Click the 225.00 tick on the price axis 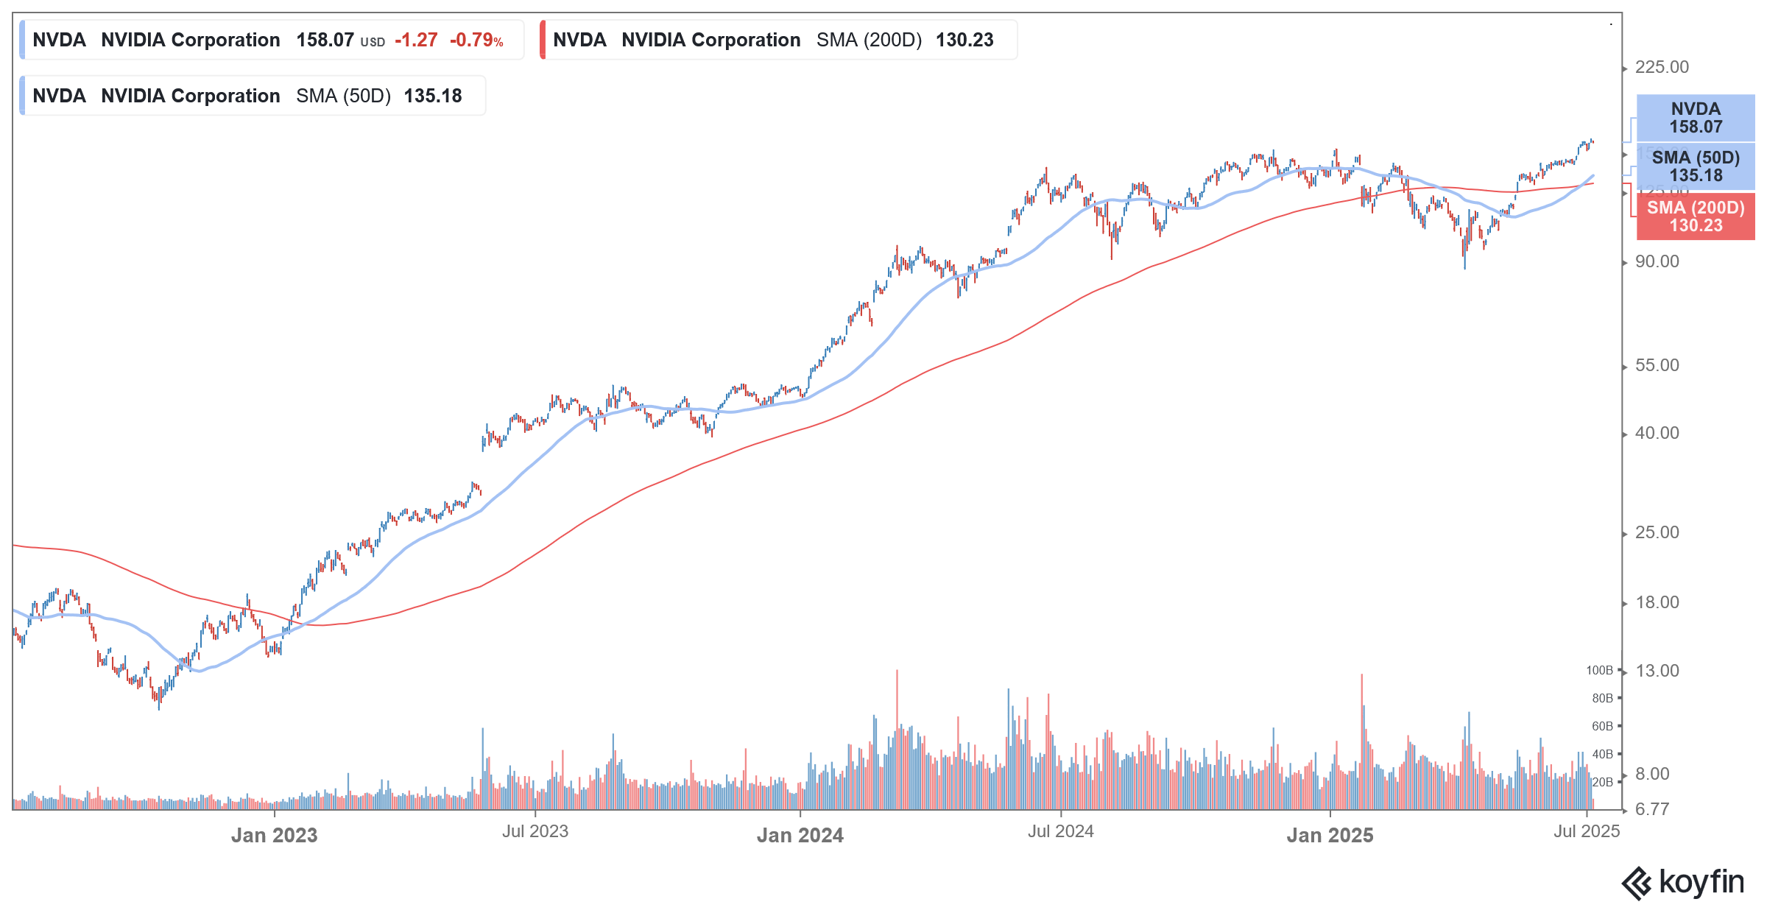coord(1661,68)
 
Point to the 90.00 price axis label coord(1657,262)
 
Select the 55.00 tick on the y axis coord(1657,366)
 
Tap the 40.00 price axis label coord(1657,434)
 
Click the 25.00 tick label coord(1657,533)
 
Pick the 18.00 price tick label coord(1657,603)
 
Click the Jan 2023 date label coord(274,836)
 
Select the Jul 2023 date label coord(535,832)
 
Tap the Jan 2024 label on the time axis coord(800,836)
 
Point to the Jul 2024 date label coord(1060,832)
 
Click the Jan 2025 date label coord(1330,836)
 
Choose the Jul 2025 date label coord(1587,832)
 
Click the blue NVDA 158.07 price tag coord(1695,118)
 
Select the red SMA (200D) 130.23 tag coord(1695,216)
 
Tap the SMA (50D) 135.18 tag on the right coord(1695,166)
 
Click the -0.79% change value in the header coord(476,40)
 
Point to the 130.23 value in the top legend coord(964,40)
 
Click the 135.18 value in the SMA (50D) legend coord(433,96)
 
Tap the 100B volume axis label coord(1599,671)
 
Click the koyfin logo coord(1683,883)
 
